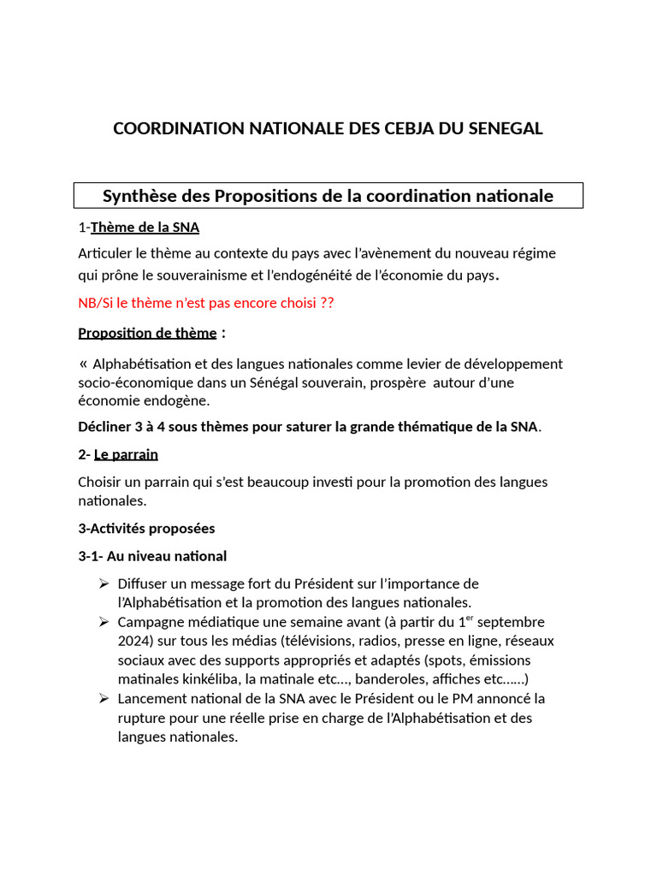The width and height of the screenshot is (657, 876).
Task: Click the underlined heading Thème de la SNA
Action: click(x=145, y=228)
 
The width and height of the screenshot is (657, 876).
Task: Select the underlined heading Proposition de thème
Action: click(x=147, y=333)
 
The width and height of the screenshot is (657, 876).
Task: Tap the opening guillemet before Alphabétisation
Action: click(x=83, y=364)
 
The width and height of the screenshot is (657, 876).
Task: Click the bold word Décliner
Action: click(x=106, y=427)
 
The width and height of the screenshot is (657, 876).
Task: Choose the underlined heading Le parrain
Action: click(x=126, y=454)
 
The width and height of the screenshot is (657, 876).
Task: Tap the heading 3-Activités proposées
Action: click(x=146, y=528)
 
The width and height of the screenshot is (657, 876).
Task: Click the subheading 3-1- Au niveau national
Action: click(x=152, y=556)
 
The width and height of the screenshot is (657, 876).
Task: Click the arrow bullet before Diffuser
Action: click(x=104, y=583)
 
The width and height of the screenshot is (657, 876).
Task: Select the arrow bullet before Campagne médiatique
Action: click(x=104, y=622)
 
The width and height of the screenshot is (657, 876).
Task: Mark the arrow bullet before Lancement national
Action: click(x=104, y=699)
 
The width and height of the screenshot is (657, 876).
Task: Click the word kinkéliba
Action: click(x=210, y=679)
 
